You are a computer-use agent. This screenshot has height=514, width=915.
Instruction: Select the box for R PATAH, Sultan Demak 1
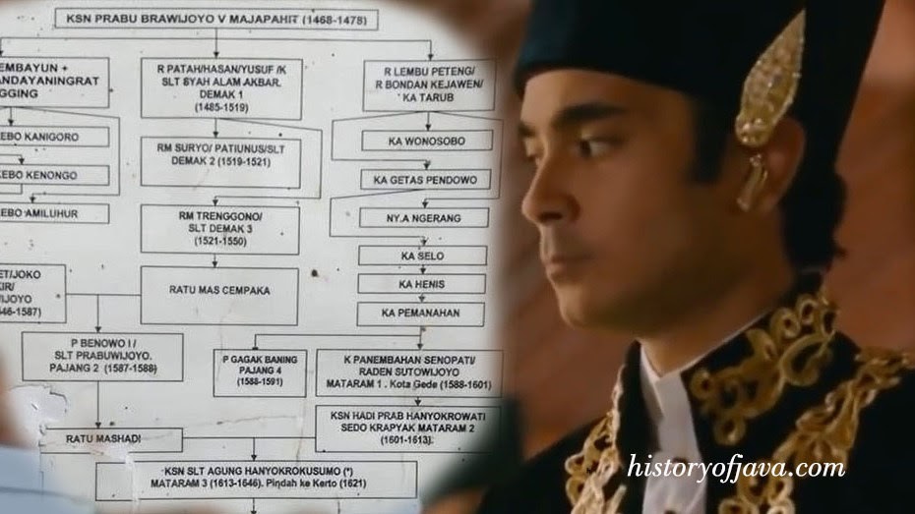[220, 88]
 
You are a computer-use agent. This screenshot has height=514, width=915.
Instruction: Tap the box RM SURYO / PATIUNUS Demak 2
[219, 161]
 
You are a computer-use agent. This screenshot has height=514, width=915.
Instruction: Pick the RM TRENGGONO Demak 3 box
[219, 229]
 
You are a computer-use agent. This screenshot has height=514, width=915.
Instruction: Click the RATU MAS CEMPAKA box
[219, 292]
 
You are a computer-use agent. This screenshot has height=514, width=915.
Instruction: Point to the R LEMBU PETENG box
[428, 85]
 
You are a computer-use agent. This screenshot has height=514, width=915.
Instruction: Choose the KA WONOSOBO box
[426, 141]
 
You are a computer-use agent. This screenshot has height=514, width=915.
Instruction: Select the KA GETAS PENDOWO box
[426, 180]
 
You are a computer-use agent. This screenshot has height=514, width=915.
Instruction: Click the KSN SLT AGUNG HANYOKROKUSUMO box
[256, 480]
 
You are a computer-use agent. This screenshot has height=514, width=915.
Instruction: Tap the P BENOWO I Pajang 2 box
[102, 356]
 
